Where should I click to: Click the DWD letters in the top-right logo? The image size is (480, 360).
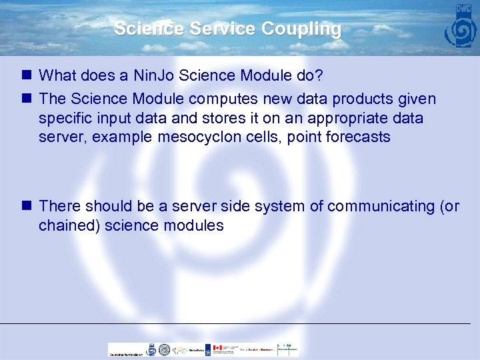click(x=463, y=9)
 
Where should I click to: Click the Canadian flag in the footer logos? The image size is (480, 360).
click(x=217, y=349)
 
